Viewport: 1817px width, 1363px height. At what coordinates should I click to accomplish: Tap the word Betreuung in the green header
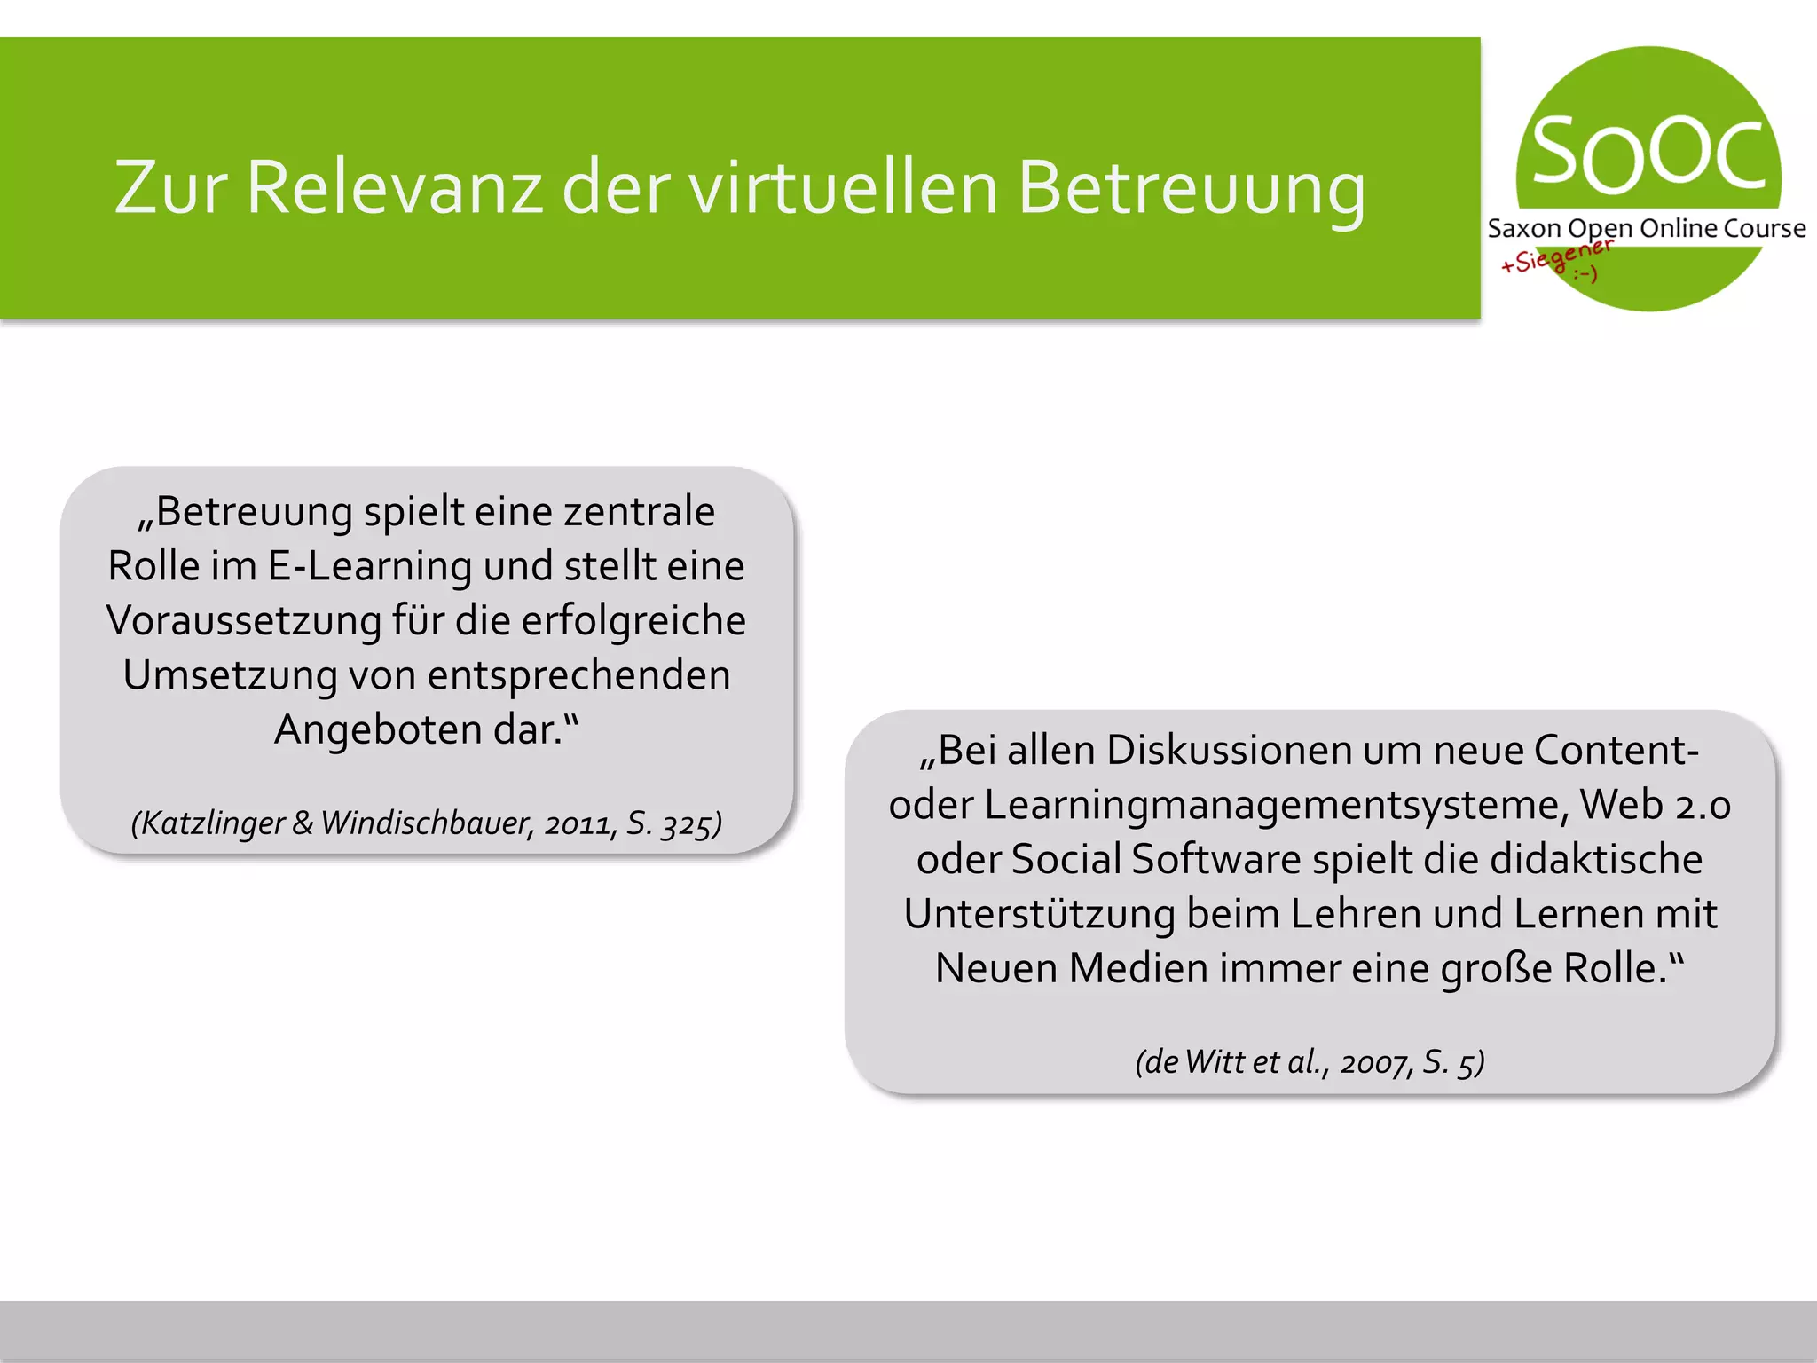click(1192, 187)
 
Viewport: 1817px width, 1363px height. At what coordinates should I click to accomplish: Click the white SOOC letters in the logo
click(1648, 154)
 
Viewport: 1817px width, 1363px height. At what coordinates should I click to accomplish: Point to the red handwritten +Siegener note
click(1554, 258)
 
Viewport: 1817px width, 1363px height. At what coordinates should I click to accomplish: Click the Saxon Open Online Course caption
click(1647, 229)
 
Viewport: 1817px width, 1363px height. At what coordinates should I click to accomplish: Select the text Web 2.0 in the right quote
click(1656, 806)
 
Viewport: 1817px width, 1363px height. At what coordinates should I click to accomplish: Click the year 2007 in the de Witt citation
click(1373, 1062)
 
